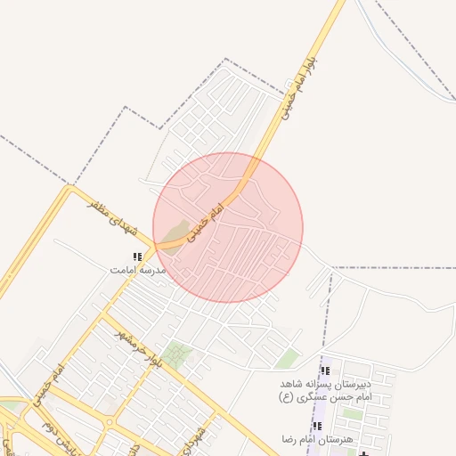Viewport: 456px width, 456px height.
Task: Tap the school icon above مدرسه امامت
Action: point(136,256)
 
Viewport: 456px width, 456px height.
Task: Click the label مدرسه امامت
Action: point(138,268)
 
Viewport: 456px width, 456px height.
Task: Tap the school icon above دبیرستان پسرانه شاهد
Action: point(325,370)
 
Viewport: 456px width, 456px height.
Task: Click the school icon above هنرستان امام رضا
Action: point(317,427)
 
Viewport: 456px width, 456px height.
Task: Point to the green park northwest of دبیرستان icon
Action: point(287,358)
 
